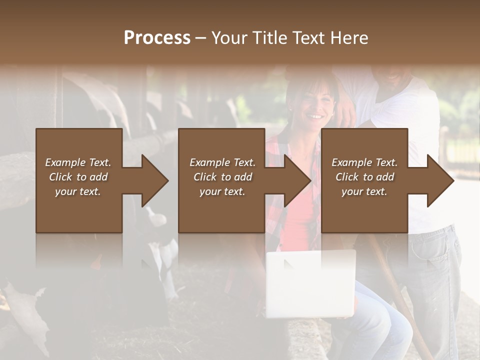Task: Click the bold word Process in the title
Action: (x=157, y=37)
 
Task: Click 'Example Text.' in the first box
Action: (x=78, y=162)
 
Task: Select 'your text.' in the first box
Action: (x=78, y=191)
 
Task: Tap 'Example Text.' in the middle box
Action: (x=222, y=162)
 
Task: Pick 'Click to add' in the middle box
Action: (x=222, y=177)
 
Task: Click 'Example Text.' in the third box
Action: (x=364, y=162)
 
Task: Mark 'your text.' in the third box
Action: (x=364, y=191)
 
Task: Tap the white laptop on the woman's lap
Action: (x=310, y=283)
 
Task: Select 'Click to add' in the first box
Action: (x=78, y=177)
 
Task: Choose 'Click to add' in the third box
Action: (x=364, y=177)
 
